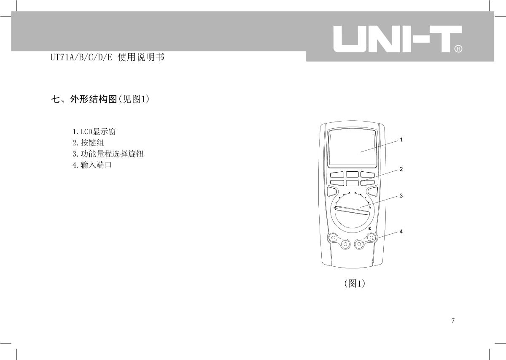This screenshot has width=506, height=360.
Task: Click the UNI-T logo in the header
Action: (398, 39)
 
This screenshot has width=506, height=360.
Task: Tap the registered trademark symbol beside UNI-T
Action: (458, 49)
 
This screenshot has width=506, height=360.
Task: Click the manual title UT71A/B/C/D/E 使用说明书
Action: (107, 57)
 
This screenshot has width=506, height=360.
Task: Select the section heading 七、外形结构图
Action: (84, 99)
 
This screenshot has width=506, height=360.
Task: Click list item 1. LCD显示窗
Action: (94, 132)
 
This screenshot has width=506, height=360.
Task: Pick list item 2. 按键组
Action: (88, 143)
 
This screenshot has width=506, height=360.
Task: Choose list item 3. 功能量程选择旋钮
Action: (108, 154)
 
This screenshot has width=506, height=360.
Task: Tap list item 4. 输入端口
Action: (92, 165)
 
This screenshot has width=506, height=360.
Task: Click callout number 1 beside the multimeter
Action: (401, 140)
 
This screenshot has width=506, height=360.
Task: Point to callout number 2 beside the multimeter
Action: (401, 169)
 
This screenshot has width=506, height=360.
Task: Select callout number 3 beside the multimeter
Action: (401, 195)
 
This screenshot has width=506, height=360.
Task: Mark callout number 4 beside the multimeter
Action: (401, 232)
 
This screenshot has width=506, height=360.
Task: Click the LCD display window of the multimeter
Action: (352, 149)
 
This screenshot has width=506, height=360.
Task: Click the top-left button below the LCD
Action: (337, 174)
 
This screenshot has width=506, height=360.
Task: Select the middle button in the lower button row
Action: (352, 183)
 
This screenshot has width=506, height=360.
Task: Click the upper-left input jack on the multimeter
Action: (333, 238)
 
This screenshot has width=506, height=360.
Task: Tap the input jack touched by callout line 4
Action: (359, 244)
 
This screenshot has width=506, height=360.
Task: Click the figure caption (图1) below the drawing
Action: (355, 283)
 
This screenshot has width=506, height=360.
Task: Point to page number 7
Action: (453, 321)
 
